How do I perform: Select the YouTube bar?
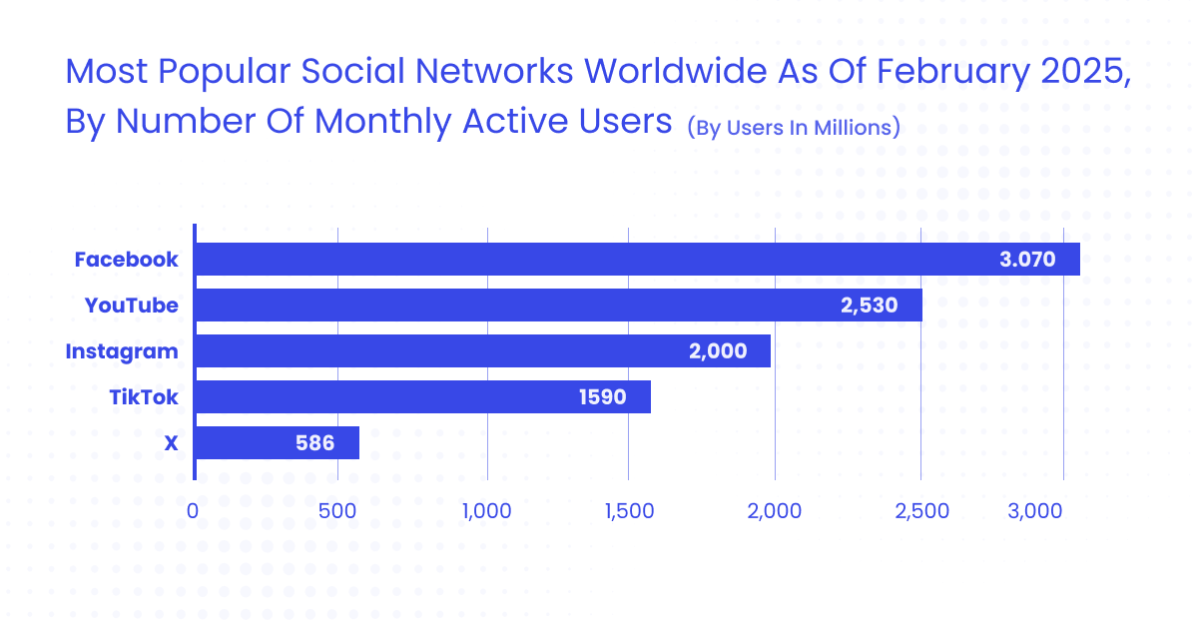tap(558, 305)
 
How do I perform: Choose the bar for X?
tap(277, 442)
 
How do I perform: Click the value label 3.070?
tap(1027, 260)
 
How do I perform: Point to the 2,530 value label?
tap(870, 306)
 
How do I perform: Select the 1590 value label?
tap(602, 397)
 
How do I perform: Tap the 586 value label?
tap(313, 443)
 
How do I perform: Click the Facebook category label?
tap(127, 260)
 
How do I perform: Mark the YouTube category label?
tap(132, 306)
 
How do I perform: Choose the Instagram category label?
tap(122, 351)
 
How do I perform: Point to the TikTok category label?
tap(144, 397)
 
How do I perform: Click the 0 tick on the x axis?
tap(193, 511)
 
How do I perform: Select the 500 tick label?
tap(338, 511)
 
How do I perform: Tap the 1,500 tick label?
tap(628, 511)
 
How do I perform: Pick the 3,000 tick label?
tap(1035, 511)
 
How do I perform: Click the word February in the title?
tap(950, 72)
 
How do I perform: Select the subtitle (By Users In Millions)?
tap(794, 127)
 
